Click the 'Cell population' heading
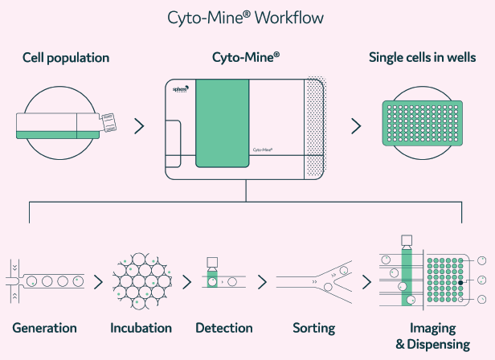click(66, 58)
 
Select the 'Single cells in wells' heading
click(422, 58)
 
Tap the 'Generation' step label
click(45, 328)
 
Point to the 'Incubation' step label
click(141, 328)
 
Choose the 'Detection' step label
click(224, 328)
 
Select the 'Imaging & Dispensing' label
click(432, 336)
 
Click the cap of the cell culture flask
click(109, 123)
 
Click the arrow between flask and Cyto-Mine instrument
click(139, 125)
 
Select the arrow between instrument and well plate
click(355, 125)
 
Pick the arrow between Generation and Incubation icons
click(98, 282)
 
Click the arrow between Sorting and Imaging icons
click(366, 282)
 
